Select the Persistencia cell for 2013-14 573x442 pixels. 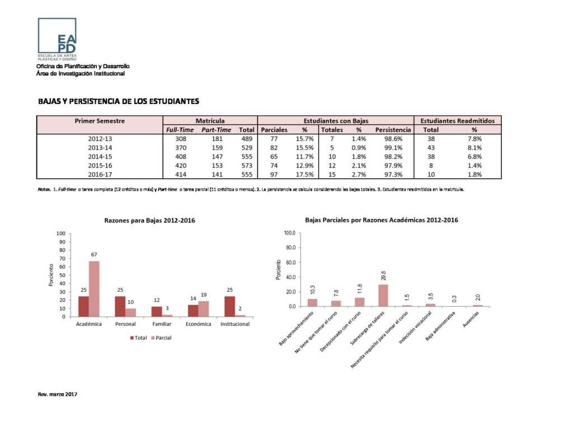point(393,148)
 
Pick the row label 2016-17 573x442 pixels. point(100,174)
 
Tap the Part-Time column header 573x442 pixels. point(216,130)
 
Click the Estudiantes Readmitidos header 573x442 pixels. point(457,120)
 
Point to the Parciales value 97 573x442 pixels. point(274,174)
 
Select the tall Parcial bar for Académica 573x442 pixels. point(94,289)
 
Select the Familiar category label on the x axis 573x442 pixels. point(162,324)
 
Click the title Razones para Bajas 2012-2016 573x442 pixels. point(150,221)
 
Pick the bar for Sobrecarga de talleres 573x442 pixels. point(383,296)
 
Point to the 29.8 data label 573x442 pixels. point(383,277)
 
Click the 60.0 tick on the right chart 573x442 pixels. point(289,263)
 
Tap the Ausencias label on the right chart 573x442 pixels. point(473,323)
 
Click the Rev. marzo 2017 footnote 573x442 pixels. point(57,394)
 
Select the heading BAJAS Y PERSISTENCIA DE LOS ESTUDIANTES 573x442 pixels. point(119,101)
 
